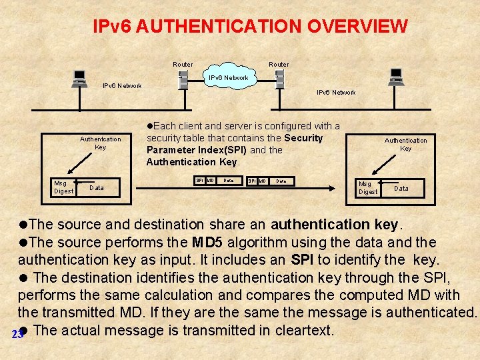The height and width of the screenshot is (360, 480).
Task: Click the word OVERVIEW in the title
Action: (x=357, y=27)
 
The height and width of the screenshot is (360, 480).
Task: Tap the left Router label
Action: (x=183, y=65)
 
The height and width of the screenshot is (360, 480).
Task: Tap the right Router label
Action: (x=279, y=65)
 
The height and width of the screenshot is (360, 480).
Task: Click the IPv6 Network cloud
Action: (x=229, y=78)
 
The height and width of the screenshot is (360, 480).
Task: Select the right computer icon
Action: (x=396, y=77)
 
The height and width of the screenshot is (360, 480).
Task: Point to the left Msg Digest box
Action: (x=64, y=187)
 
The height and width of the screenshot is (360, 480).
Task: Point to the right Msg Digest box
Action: (x=368, y=188)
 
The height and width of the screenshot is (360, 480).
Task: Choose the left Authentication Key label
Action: (x=101, y=143)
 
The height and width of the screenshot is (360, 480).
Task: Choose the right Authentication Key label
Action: (x=405, y=144)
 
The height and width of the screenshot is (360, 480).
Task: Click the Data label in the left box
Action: (x=97, y=188)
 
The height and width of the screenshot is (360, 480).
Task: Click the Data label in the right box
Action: (x=401, y=189)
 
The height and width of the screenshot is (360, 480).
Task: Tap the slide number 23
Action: (x=18, y=334)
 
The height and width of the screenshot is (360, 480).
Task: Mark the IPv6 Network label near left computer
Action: (x=121, y=86)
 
